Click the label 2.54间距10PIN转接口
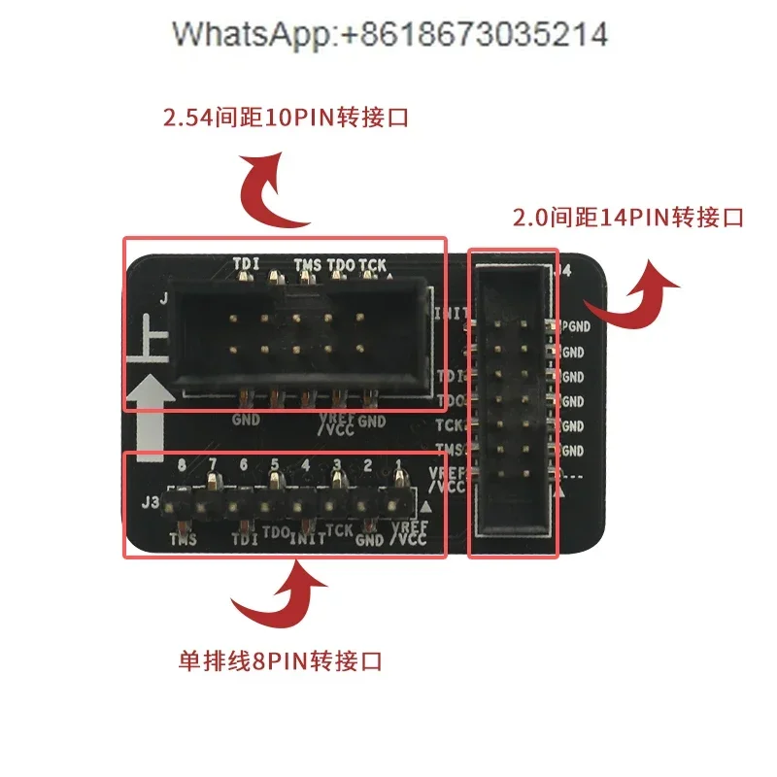point(285,119)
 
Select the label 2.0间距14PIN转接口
point(627,217)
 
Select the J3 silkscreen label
point(151,503)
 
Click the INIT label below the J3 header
point(307,536)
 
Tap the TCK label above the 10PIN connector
point(372,264)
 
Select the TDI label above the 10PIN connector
point(247,263)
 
